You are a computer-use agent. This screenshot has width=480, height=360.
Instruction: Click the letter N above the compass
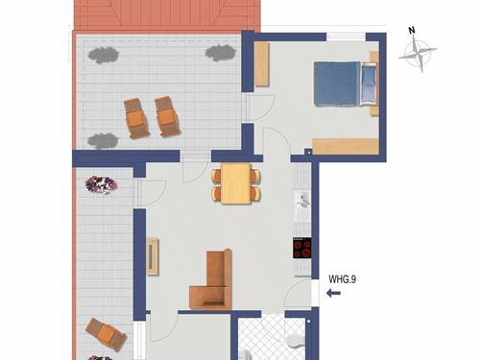click(412, 31)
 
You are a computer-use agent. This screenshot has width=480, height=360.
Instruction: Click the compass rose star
click(418, 58)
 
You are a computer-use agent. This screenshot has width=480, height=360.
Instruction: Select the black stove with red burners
click(302, 249)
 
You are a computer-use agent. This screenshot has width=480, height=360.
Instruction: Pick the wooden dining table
click(235, 183)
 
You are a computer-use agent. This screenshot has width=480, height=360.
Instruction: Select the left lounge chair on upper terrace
click(136, 118)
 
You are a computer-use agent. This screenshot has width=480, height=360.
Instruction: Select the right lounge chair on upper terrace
click(169, 116)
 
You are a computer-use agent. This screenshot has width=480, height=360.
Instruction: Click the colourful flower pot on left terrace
click(101, 183)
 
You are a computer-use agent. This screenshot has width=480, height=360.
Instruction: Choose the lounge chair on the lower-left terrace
click(106, 334)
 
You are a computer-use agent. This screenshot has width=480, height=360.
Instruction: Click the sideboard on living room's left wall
click(153, 256)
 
